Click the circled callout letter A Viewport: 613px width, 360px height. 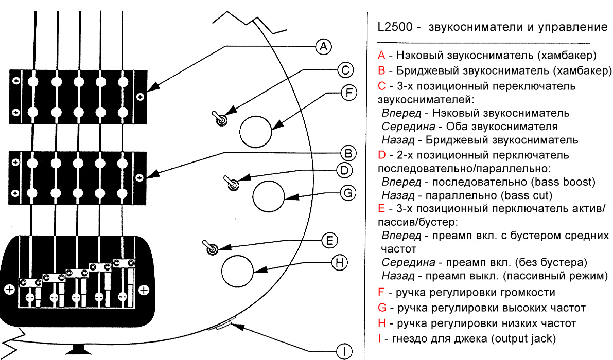323,46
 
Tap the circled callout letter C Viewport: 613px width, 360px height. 345,70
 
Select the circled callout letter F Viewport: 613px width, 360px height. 349,93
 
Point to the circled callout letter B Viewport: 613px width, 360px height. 347,153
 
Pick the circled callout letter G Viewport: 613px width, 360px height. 348,193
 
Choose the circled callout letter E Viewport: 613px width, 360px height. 329,240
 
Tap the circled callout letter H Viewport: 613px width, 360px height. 339,263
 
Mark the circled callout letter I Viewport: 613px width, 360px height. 344,352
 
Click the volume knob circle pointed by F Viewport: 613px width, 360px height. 255,130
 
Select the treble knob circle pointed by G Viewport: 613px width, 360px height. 268,196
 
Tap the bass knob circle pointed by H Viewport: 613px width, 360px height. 237,271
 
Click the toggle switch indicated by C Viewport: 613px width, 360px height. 220,119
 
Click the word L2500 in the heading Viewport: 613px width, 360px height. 394,27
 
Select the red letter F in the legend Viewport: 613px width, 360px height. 381,293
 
